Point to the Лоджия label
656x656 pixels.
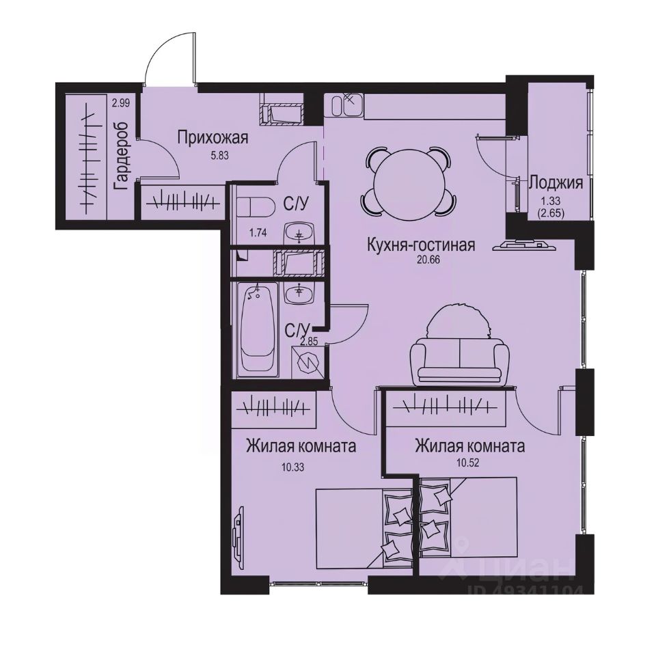pos(556,182)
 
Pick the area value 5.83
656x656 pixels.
pos(212,154)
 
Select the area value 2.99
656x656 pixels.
pos(121,103)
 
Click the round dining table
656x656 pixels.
pos(407,181)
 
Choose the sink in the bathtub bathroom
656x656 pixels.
pos(298,295)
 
